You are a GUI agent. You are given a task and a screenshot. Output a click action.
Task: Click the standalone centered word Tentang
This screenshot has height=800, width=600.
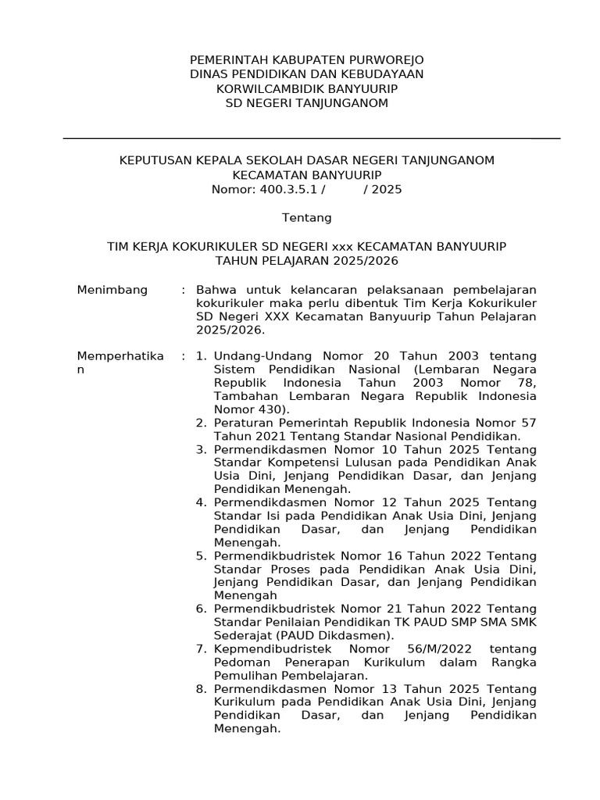306,217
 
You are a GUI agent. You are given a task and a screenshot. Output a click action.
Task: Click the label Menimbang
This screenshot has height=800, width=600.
112,290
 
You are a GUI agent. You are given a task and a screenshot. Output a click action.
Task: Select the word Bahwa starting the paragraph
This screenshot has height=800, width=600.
215,290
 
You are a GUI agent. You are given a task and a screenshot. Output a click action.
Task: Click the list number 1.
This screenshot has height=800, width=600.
201,356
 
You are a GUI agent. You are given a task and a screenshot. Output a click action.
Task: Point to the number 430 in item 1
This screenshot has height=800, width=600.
266,409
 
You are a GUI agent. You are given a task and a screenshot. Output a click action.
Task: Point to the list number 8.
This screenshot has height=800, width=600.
201,688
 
